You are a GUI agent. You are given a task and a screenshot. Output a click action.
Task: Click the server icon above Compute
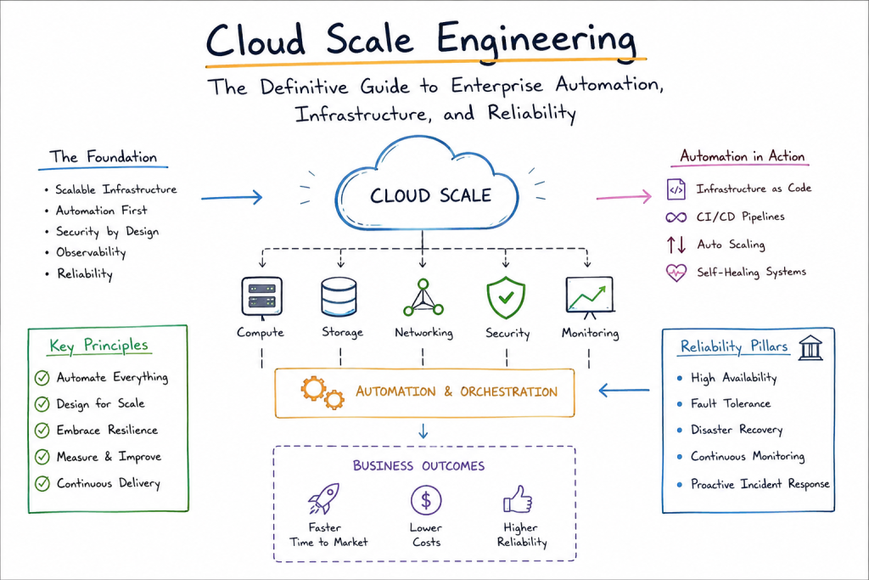(261, 298)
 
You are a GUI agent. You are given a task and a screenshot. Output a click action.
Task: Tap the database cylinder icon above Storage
(339, 296)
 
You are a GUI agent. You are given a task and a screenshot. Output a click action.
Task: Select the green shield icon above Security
(506, 298)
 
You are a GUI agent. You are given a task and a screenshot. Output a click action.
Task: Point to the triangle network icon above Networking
(423, 298)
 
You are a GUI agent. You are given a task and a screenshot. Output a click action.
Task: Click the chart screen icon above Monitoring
(590, 298)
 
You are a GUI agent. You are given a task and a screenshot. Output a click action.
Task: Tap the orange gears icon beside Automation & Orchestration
(322, 392)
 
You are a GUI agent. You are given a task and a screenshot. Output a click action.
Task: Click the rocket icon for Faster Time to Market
(323, 498)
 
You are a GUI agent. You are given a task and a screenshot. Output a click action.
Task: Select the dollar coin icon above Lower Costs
(426, 500)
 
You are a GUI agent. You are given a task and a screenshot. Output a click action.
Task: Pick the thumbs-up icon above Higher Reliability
(518, 499)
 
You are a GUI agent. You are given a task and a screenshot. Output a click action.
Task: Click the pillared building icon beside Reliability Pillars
(810, 347)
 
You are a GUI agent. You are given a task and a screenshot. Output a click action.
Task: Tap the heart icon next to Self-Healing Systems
(676, 273)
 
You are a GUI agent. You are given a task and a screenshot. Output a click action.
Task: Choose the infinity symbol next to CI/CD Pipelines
(676, 217)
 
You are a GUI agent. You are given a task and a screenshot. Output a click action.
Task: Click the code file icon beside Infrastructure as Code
(676, 189)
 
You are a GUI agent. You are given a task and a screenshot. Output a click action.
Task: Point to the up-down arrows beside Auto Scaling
(676, 245)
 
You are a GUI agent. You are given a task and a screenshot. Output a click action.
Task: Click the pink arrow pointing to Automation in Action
(624, 196)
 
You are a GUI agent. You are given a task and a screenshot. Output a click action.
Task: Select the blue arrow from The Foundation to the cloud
(232, 197)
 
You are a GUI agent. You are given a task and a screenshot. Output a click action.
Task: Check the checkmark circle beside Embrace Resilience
(42, 431)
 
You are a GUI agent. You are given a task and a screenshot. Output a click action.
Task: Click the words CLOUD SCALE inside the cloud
(430, 195)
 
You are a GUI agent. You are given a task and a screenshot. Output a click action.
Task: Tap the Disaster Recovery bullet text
(737, 430)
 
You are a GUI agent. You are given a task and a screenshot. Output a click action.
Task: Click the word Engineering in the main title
(536, 39)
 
